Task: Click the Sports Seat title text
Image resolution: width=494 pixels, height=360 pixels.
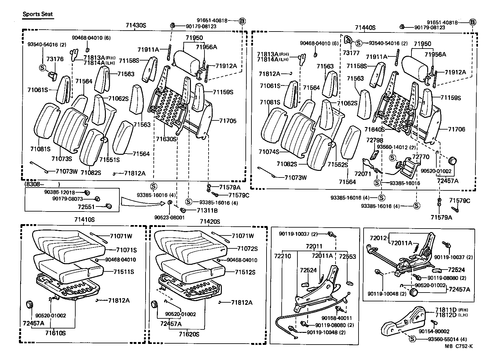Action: coord(38,15)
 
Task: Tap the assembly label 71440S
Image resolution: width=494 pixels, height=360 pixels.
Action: coord(365,27)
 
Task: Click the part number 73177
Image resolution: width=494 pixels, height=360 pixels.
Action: coord(351,53)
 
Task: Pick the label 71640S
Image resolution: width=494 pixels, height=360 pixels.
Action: coord(375,129)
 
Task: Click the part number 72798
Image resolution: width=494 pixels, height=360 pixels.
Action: coord(374,140)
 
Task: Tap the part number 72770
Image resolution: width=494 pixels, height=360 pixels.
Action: coord(421,157)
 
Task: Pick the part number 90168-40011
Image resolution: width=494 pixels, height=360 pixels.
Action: coord(337,318)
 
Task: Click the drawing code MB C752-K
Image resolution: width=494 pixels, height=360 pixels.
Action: coord(459,346)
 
